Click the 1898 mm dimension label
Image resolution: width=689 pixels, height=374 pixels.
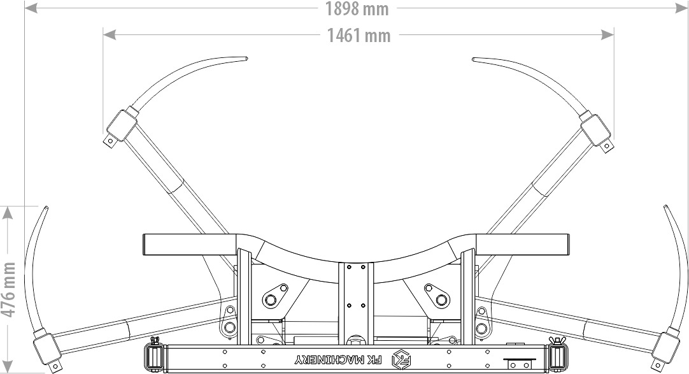coord(357,9)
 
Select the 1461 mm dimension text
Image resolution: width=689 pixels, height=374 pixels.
coord(359,36)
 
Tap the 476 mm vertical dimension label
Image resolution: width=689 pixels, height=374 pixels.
coord(8,290)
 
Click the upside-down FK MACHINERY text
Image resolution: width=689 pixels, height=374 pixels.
coord(338,360)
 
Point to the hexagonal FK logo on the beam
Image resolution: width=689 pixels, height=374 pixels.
coord(401,359)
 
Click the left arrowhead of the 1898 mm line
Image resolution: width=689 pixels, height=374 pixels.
coord(31,8)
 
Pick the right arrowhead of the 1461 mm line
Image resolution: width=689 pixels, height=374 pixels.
coord(607,34)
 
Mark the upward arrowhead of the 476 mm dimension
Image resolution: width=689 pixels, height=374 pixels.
coord(8,213)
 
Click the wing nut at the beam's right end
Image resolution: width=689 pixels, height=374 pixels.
coord(557,341)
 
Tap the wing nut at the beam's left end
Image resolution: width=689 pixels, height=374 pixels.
coord(155,341)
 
